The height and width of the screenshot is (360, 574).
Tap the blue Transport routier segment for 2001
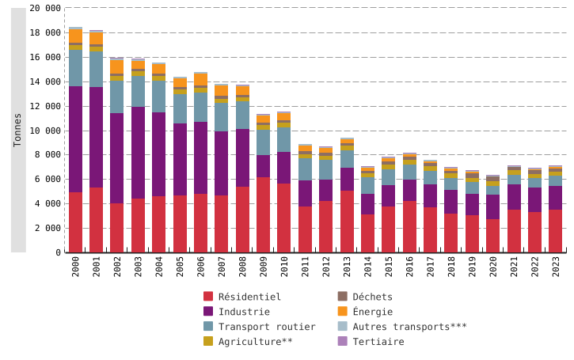tap(97, 70)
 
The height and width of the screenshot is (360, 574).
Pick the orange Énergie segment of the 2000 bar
tap(76, 36)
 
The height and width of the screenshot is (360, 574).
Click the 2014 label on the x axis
tap(368, 277)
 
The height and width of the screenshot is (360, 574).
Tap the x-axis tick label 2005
tap(181, 277)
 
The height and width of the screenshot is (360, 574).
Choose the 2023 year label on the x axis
tap(555, 277)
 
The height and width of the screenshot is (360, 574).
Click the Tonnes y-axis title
tap(18, 130)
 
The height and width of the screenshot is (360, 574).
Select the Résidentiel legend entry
tap(249, 297)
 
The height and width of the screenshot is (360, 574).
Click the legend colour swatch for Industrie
tap(208, 312)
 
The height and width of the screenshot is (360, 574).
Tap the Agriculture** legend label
tap(256, 342)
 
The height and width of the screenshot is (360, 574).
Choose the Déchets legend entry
tap(372, 297)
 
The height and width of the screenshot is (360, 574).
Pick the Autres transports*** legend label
tap(409, 327)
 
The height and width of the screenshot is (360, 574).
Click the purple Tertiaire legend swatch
tap(342, 342)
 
